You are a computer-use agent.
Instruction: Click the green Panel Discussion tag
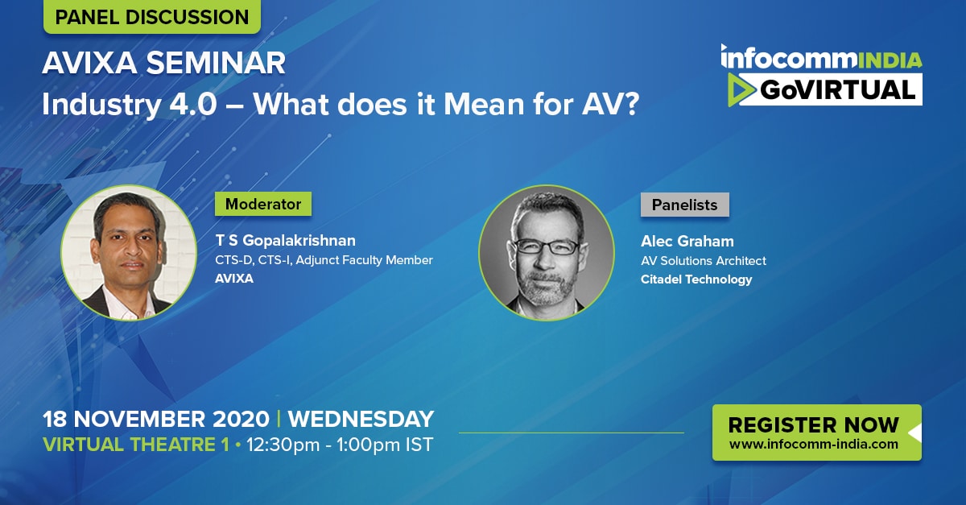pyautogui.click(x=152, y=16)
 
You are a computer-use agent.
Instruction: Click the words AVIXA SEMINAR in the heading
pyautogui.click(x=164, y=63)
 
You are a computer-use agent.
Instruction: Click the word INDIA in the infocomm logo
pyautogui.click(x=890, y=60)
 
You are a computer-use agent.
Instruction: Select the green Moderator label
pyautogui.click(x=263, y=204)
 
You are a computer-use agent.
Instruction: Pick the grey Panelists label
pyautogui.click(x=685, y=205)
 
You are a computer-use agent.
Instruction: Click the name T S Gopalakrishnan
pyautogui.click(x=286, y=240)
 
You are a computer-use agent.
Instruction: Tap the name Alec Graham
pyautogui.click(x=687, y=242)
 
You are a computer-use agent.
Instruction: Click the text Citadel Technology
pyautogui.click(x=696, y=279)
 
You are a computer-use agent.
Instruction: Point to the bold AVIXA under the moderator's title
pyautogui.click(x=234, y=279)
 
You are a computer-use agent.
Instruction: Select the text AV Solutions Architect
pyautogui.click(x=704, y=261)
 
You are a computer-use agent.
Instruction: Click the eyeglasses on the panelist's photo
pyautogui.click(x=547, y=246)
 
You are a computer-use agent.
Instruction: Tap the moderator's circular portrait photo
pyautogui.click(x=129, y=253)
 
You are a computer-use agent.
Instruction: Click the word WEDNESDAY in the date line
pyautogui.click(x=361, y=419)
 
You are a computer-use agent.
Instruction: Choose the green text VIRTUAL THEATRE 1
pyautogui.click(x=136, y=445)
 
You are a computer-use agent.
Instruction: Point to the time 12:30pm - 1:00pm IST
pyautogui.click(x=340, y=445)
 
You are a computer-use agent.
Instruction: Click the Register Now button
pyautogui.click(x=817, y=433)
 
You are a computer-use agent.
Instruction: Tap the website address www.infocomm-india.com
pyautogui.click(x=814, y=444)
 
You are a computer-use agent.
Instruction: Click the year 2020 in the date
pyautogui.click(x=241, y=419)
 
